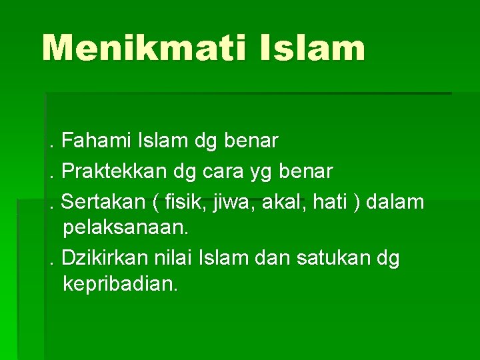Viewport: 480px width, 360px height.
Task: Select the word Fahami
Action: coord(97,141)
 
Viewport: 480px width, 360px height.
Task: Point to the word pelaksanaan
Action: coord(125,228)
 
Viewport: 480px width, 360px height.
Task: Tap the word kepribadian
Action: coord(120,285)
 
